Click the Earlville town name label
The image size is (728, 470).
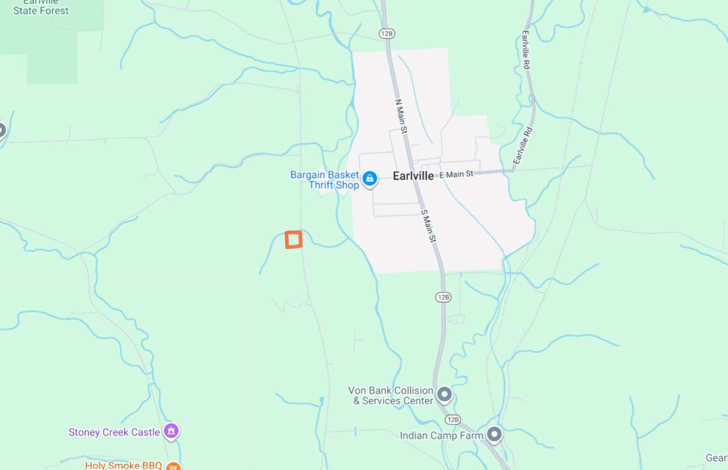413,176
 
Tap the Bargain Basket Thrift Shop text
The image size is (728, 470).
325,180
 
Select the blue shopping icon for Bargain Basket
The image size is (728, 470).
370,179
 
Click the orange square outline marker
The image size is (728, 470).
294,240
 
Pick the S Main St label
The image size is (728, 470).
429,226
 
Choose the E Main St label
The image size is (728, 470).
456,174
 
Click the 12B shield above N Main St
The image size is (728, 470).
386,33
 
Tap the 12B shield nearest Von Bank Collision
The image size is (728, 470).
452,420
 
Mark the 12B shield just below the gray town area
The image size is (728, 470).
443,297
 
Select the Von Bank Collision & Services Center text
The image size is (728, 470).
391,396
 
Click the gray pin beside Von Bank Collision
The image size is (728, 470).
445,394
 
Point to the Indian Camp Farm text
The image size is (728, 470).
441,435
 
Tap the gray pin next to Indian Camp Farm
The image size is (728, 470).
495,435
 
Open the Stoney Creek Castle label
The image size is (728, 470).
114,432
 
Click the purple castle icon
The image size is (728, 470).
171,432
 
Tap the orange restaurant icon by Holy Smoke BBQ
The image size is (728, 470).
173,466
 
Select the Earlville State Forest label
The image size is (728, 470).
41,7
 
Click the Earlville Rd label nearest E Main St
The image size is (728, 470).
523,146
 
